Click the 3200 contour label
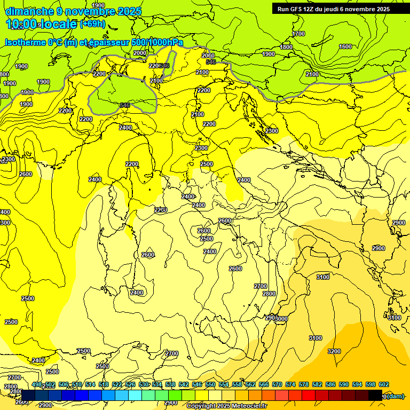coord(334,351)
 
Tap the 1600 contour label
coord(345,46)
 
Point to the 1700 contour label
coord(298,34)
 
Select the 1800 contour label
coord(286,47)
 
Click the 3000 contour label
coord(281,319)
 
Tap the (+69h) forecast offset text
coord(92,24)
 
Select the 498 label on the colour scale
coord(37,384)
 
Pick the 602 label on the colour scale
coord(383,384)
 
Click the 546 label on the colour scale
coord(196,384)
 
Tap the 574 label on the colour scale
coord(290,384)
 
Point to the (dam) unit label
coord(395,396)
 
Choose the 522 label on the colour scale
coord(117,384)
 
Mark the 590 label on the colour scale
coord(343,384)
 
